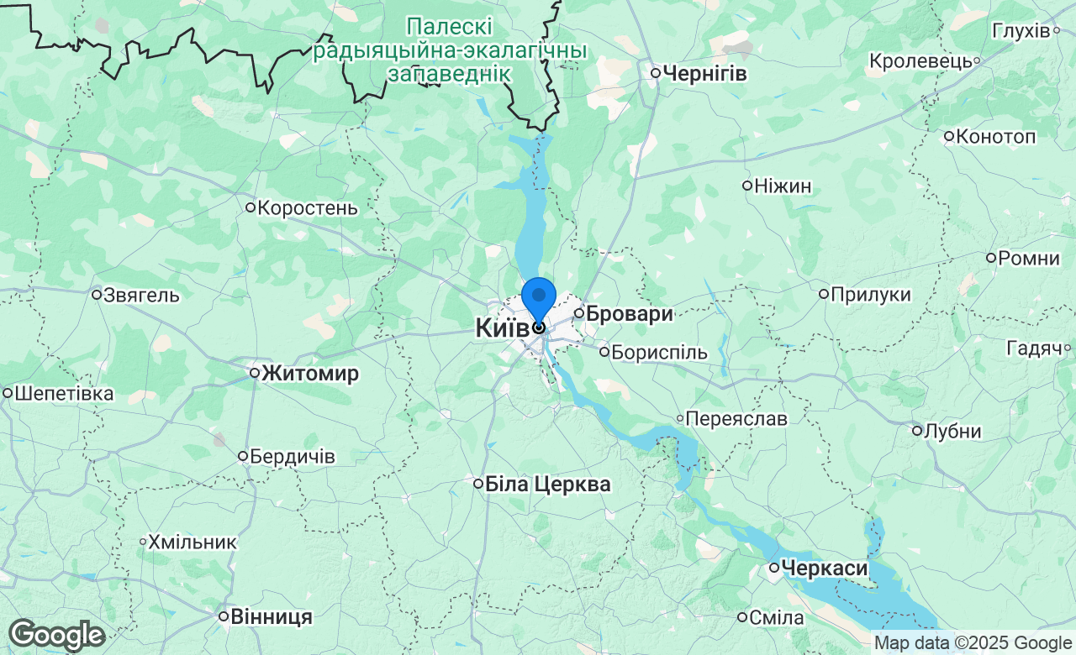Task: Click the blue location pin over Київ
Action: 539,300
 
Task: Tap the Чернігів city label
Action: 704,73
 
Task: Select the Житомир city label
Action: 310,374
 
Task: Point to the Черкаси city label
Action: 824,569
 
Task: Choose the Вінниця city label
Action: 271,616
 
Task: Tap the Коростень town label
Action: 307,207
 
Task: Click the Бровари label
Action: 629,314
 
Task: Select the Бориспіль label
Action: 659,352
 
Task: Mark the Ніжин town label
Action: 783,186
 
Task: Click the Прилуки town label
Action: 870,294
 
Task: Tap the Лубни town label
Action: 952,432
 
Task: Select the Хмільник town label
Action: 193,542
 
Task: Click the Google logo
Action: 56,636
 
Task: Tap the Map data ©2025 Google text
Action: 973,643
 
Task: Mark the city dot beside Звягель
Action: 97,295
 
